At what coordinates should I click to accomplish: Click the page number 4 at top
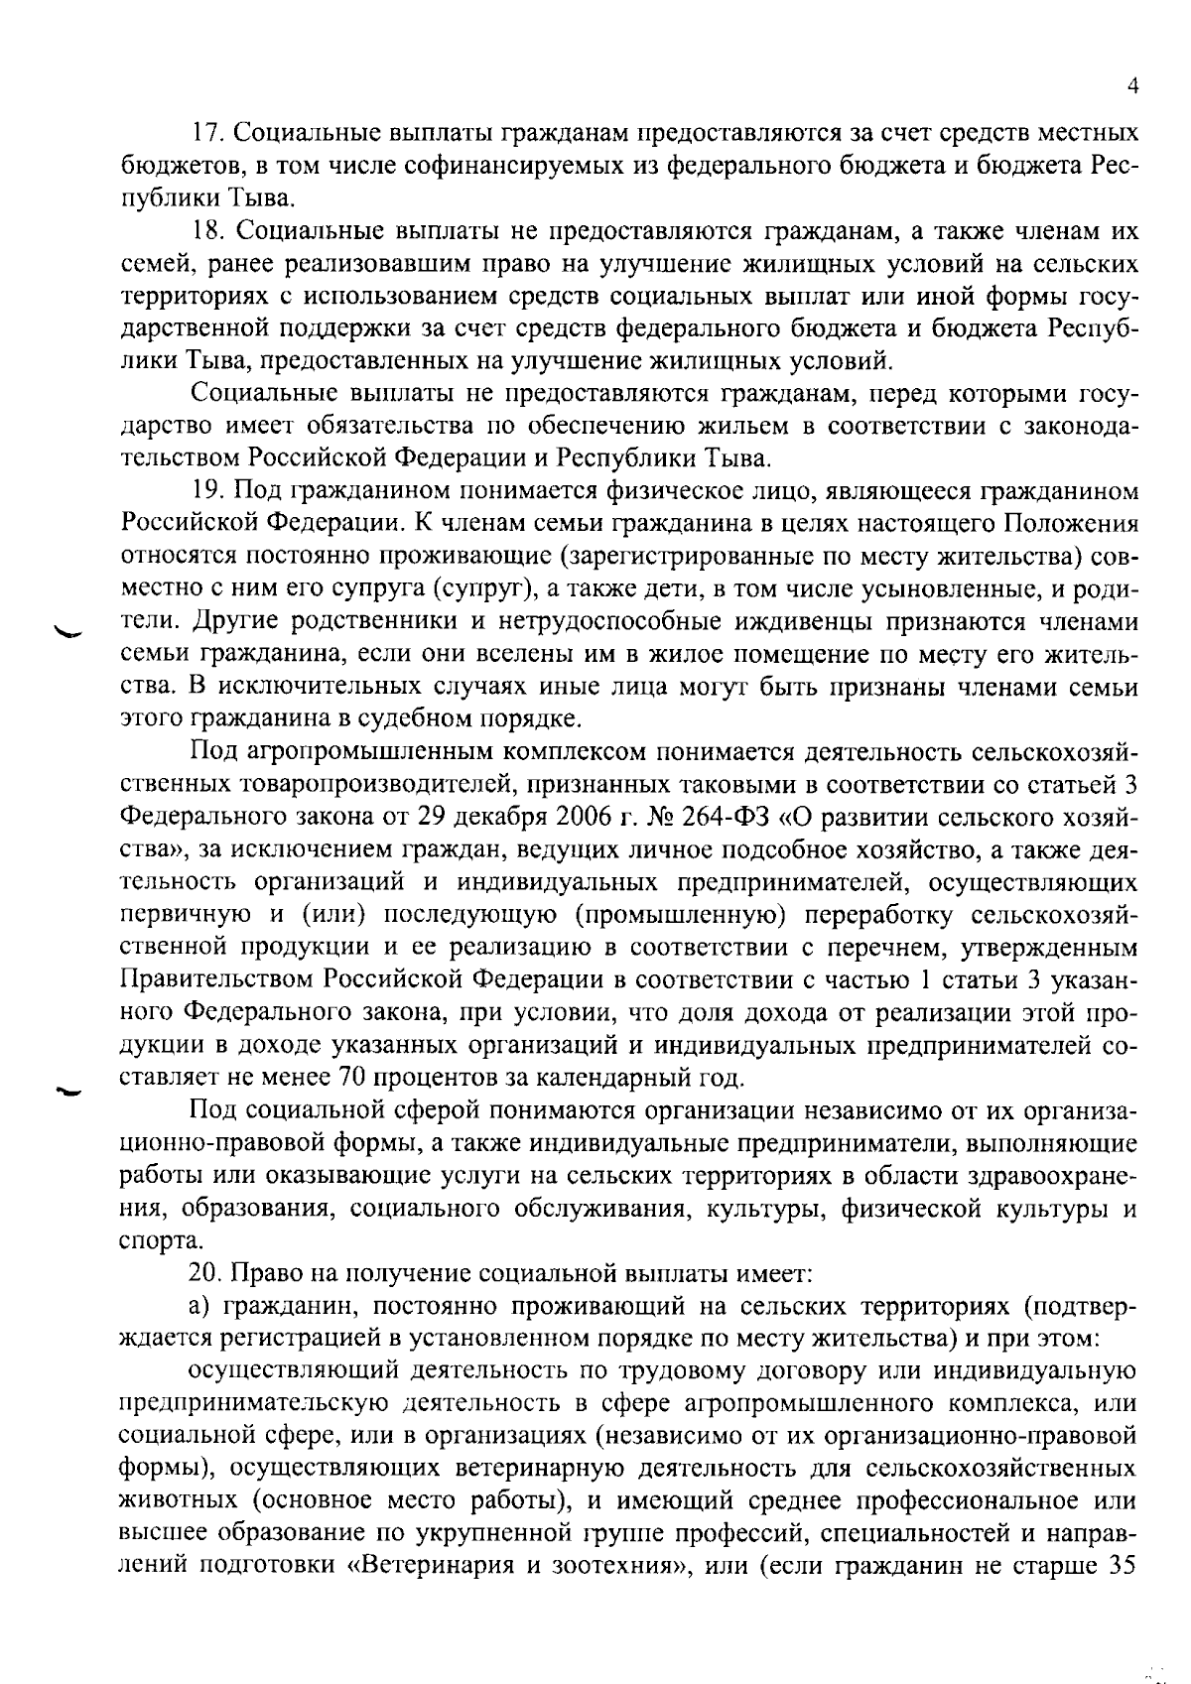(1133, 87)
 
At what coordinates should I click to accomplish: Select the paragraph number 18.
(205, 232)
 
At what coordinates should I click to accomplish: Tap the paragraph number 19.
(205, 490)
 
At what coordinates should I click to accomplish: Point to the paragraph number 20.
(205, 1272)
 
